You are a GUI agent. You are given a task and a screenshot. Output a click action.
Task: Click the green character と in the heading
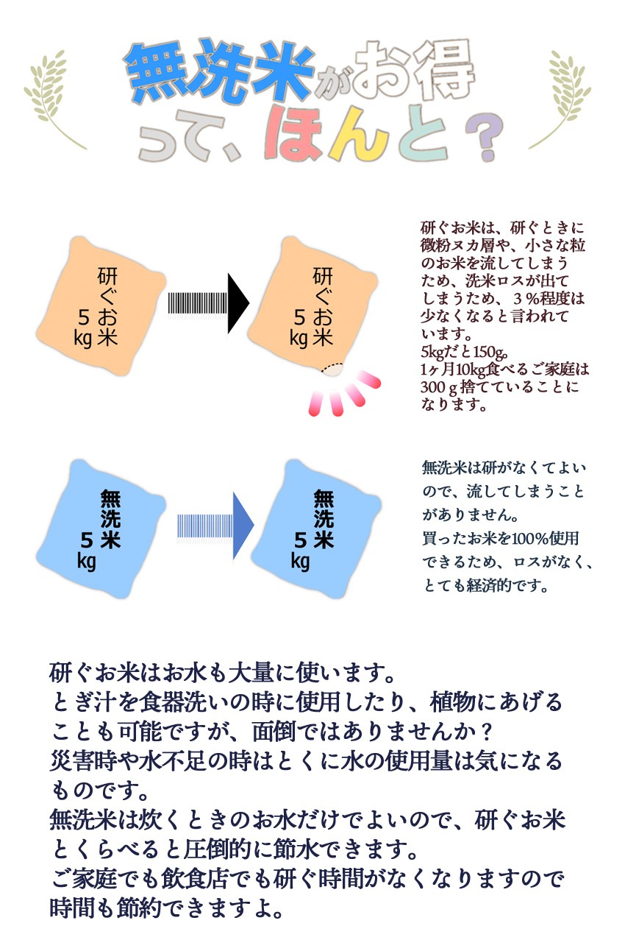[x=424, y=133]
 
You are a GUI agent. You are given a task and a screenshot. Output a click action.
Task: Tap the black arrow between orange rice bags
[x=209, y=303]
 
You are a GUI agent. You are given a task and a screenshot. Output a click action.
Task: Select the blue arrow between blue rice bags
[x=215, y=526]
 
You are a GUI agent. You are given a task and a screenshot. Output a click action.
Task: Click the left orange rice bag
[x=101, y=306]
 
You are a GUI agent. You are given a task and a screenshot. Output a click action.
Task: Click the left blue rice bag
[x=101, y=528]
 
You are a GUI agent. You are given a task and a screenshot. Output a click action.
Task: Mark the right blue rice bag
[x=316, y=528]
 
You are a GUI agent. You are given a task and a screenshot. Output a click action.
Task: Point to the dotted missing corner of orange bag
[x=332, y=370]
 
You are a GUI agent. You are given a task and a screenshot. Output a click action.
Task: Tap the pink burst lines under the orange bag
[x=344, y=394]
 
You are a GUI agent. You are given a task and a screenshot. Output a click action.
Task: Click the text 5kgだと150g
[x=464, y=352]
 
